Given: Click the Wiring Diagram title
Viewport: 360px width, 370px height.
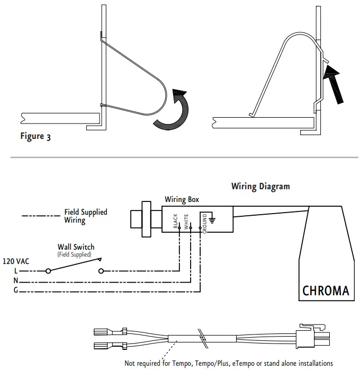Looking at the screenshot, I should (x=260, y=187).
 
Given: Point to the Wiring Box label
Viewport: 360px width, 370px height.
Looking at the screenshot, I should (x=182, y=200).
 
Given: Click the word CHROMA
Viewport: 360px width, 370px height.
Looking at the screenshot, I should (x=326, y=290).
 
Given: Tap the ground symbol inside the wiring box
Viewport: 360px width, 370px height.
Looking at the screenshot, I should (x=212, y=217).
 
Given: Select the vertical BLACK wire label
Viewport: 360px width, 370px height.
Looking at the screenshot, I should (x=175, y=221).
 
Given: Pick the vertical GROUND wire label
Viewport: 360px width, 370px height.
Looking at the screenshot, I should (x=204, y=223).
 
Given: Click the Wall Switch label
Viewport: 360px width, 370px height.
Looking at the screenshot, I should (x=76, y=247).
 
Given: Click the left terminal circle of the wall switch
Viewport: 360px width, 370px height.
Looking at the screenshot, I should (x=49, y=271).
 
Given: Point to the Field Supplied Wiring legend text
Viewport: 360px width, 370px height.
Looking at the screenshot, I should (x=85, y=216).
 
